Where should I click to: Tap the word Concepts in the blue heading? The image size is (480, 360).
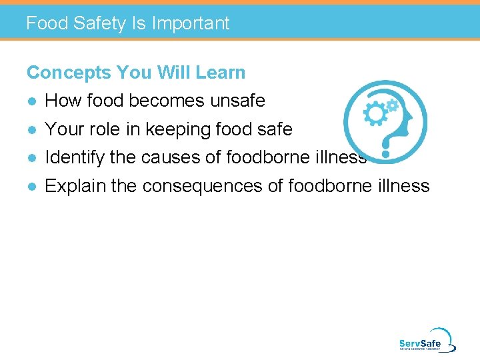(69, 73)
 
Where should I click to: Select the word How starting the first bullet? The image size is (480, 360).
(61, 101)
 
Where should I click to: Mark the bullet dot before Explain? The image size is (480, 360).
(31, 187)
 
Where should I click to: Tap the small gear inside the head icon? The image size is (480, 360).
(393, 105)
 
